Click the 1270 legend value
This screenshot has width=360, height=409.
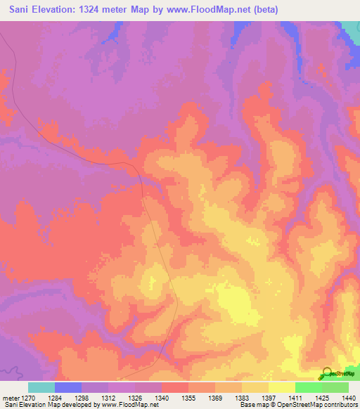(28, 398)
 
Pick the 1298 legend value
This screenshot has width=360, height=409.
(82, 398)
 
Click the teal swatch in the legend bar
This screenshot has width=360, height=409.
(41, 387)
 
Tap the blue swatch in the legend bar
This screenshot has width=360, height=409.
(68, 387)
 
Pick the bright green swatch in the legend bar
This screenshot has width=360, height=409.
(309, 387)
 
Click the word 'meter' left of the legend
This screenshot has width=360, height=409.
(10, 398)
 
